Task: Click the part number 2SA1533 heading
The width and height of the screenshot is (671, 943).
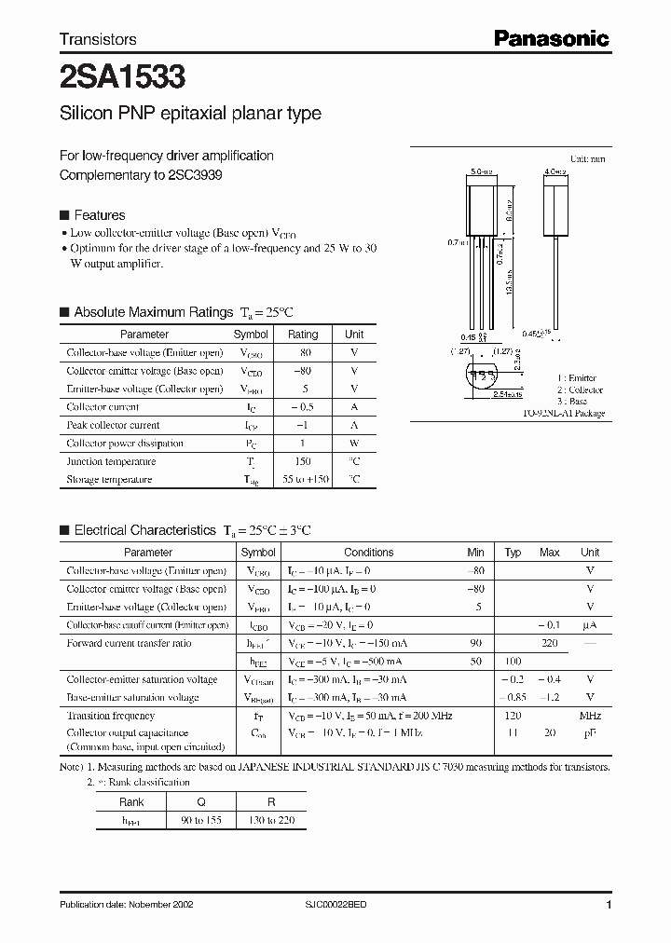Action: [x=113, y=75]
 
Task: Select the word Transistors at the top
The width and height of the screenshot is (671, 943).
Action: [x=98, y=39]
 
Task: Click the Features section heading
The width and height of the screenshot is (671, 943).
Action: [x=99, y=215]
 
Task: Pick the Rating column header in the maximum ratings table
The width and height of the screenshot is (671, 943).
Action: [x=303, y=335]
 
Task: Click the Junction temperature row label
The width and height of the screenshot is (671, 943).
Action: [x=109, y=461]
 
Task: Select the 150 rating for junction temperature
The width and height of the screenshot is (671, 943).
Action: [x=302, y=461]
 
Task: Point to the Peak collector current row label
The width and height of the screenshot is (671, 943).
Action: [x=113, y=425]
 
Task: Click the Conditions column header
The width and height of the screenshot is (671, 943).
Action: [x=368, y=553]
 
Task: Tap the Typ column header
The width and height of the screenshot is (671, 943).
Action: [x=513, y=553]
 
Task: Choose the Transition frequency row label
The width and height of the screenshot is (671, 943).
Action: [x=110, y=716]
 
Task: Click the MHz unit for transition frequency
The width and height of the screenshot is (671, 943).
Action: [x=589, y=716]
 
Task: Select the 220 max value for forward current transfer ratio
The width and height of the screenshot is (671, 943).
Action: [x=549, y=643]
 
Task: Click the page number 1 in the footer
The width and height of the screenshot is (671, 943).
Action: [x=609, y=905]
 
